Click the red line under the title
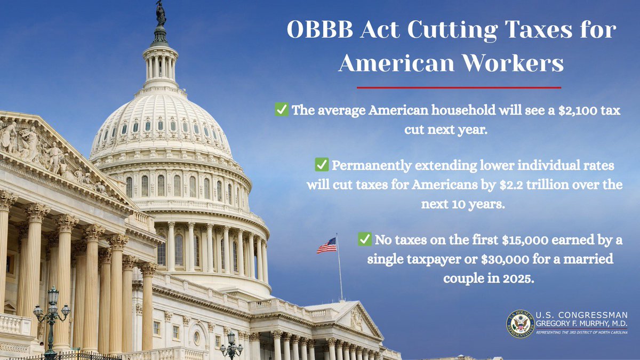459,87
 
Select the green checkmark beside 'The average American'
281,110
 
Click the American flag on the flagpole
327,245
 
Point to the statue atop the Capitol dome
161,14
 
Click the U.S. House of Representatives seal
520,324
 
